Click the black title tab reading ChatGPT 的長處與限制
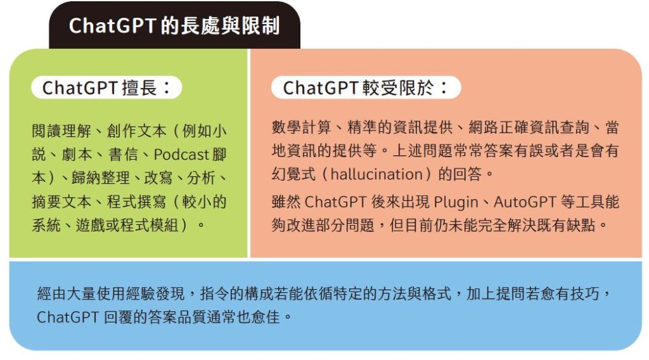pos(174,25)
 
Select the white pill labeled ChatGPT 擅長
pos(106,87)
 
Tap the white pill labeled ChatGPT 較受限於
pos(366,87)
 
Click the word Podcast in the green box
pos(181,155)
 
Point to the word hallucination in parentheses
pos(376,174)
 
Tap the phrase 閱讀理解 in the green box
pos(61,131)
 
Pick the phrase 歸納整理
pos(101,178)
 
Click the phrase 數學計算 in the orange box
pos(301,127)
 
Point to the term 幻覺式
pos(294,174)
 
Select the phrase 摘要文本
pos(61,202)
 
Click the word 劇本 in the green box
pos(77,155)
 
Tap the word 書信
pos(123,155)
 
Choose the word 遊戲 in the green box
pos(90,226)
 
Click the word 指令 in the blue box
pos(215,294)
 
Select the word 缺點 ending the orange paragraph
pos(580,226)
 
